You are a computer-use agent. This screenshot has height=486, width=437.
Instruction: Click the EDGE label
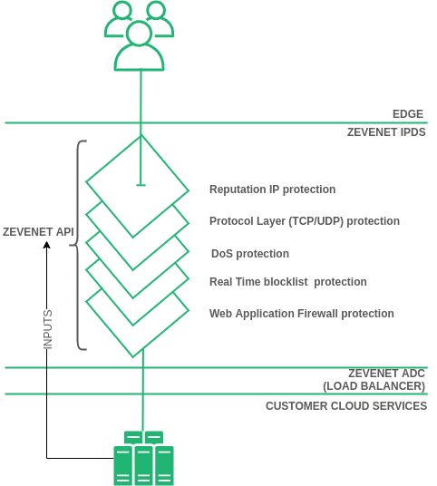(x=408, y=114)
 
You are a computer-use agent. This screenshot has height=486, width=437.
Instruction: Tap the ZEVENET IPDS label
(x=386, y=131)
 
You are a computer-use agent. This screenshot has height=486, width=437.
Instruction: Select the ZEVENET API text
(x=38, y=232)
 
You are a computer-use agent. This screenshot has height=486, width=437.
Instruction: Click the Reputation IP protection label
(x=272, y=190)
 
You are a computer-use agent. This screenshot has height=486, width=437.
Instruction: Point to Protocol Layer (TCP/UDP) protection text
(x=304, y=221)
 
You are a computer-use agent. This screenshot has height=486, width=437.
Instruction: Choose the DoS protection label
(x=250, y=254)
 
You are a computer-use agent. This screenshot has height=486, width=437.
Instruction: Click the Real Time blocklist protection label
(x=287, y=282)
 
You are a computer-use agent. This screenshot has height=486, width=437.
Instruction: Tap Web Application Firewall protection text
(x=301, y=314)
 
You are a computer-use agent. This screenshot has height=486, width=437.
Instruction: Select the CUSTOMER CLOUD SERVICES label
(x=345, y=406)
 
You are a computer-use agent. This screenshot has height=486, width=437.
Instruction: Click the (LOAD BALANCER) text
(x=374, y=386)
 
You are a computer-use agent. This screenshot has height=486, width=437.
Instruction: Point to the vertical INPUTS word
(x=48, y=329)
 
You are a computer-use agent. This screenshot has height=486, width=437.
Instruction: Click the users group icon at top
(x=140, y=35)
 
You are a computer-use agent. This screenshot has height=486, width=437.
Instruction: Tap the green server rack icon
(x=142, y=459)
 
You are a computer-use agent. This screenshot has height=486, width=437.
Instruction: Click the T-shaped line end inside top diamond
(x=141, y=185)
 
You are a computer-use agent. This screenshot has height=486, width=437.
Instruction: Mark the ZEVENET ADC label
(x=386, y=374)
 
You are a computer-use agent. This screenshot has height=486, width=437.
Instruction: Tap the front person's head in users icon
(x=139, y=34)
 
